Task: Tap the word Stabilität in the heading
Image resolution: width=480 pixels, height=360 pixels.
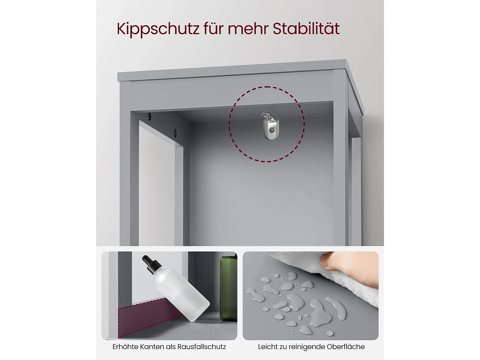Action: click(306, 28)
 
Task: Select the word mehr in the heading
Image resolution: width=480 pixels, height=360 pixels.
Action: click(248, 28)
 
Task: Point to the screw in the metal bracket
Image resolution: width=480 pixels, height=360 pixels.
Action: click(272, 130)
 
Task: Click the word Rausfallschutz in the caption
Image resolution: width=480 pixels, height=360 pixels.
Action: click(201, 347)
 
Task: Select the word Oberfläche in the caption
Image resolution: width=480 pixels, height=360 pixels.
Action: click(346, 347)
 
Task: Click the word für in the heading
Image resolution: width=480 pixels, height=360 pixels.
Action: click(214, 28)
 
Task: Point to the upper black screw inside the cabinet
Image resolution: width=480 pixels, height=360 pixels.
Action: click(149, 116)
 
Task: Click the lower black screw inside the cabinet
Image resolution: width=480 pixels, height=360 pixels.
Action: click(175, 132)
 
